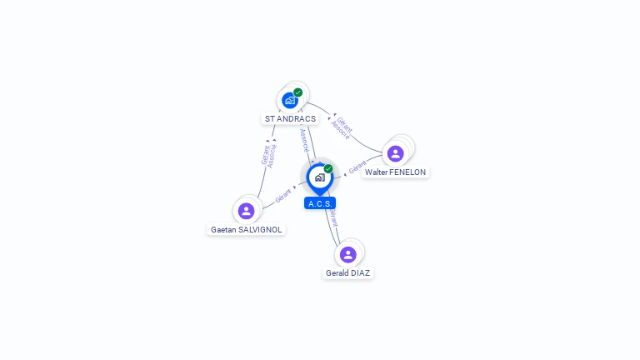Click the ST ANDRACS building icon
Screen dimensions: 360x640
289,100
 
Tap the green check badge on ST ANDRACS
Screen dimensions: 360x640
298,92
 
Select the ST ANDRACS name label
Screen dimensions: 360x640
290,119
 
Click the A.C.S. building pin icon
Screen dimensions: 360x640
319,177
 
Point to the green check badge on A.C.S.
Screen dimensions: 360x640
328,169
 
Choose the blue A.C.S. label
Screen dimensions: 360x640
320,203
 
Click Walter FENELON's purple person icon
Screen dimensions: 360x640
395,153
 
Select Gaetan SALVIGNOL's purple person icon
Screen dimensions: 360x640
246,211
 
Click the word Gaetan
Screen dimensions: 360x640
222,229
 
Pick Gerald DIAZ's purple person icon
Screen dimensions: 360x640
348,254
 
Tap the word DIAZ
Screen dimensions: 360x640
361,272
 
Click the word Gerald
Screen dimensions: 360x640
338,272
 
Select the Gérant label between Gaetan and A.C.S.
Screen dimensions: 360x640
284,195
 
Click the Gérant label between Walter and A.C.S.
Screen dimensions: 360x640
357,169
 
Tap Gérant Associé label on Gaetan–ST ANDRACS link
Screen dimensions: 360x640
268,155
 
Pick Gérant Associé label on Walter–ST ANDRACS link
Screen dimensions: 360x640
342,127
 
